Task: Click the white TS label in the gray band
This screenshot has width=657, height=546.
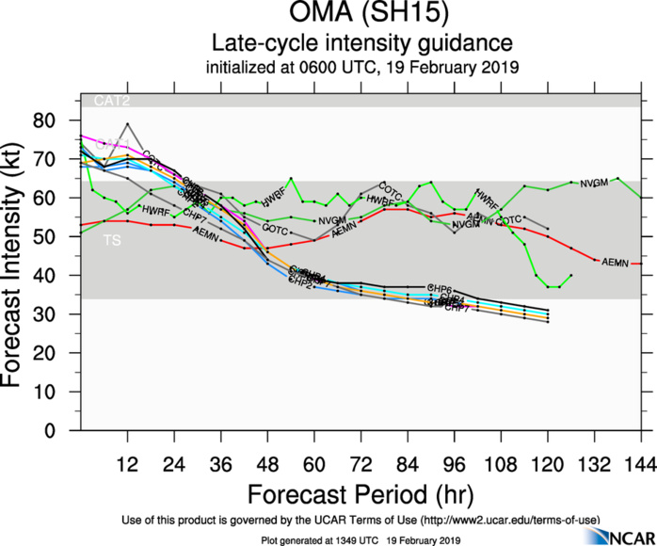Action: (x=111, y=242)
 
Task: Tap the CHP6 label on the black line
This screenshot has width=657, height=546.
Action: (x=440, y=288)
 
